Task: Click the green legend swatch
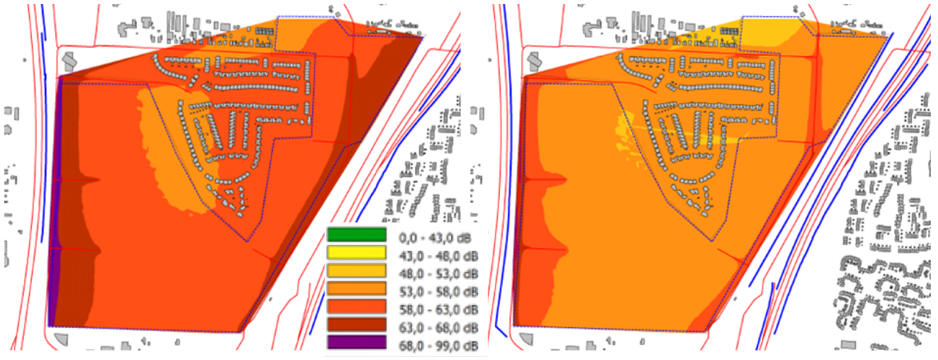coord(356,236)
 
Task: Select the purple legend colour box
coord(356,342)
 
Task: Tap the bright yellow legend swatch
coord(356,254)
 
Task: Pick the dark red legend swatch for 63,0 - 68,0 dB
coord(356,325)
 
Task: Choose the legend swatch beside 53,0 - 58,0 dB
coord(356,290)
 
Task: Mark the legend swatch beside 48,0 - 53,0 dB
coord(356,271)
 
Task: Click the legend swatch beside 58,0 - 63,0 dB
coord(356,307)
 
